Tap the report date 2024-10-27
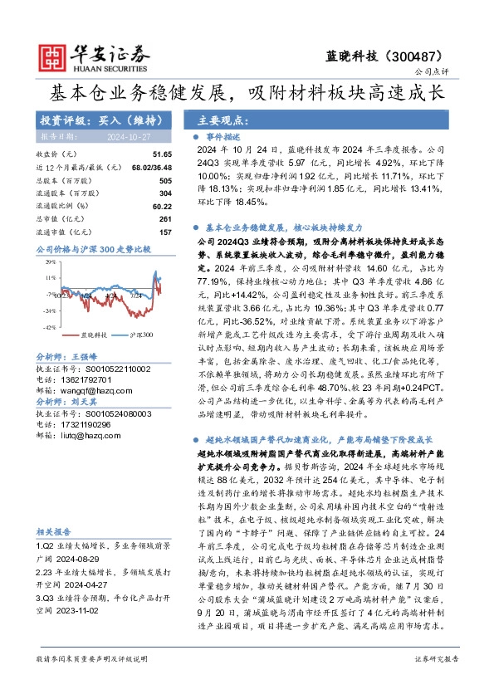pos(124,136)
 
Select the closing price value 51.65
pos(162,154)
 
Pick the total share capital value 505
pos(165,180)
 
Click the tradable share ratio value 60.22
pos(162,205)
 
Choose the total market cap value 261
pos(165,218)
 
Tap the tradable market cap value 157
pos(165,231)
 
